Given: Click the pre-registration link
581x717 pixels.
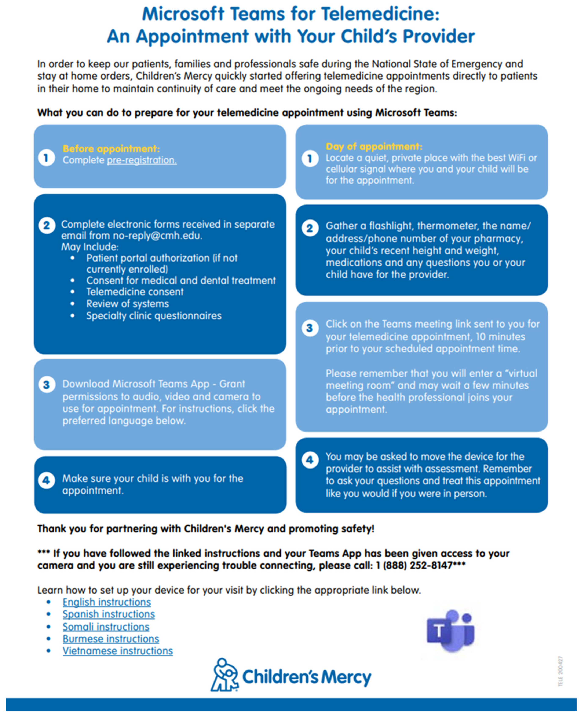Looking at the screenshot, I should pyautogui.click(x=142, y=160).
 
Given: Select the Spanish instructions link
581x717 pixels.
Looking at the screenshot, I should pyautogui.click(x=109, y=614).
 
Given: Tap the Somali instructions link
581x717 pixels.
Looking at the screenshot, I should pyautogui.click(x=106, y=627).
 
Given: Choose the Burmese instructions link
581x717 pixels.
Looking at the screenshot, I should pyautogui.click(x=111, y=639).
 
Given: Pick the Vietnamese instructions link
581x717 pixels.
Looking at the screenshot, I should pyautogui.click(x=118, y=651).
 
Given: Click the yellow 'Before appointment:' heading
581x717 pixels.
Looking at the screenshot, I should pyautogui.click(x=111, y=149).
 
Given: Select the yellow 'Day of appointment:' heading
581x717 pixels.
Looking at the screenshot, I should pyautogui.click(x=374, y=147).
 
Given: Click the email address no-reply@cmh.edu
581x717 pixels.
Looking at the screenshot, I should pyautogui.click(x=157, y=236).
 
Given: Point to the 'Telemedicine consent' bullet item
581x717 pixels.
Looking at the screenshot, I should pyautogui.click(x=135, y=292).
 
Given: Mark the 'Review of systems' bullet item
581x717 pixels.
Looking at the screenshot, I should pyautogui.click(x=128, y=304).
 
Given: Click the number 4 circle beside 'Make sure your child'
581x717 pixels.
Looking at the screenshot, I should pyautogui.click(x=47, y=481).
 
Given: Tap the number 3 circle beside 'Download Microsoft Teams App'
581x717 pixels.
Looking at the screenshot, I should pyautogui.click(x=47, y=385).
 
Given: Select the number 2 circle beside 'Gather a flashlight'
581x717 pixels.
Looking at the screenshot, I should pyautogui.click(x=310, y=228).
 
